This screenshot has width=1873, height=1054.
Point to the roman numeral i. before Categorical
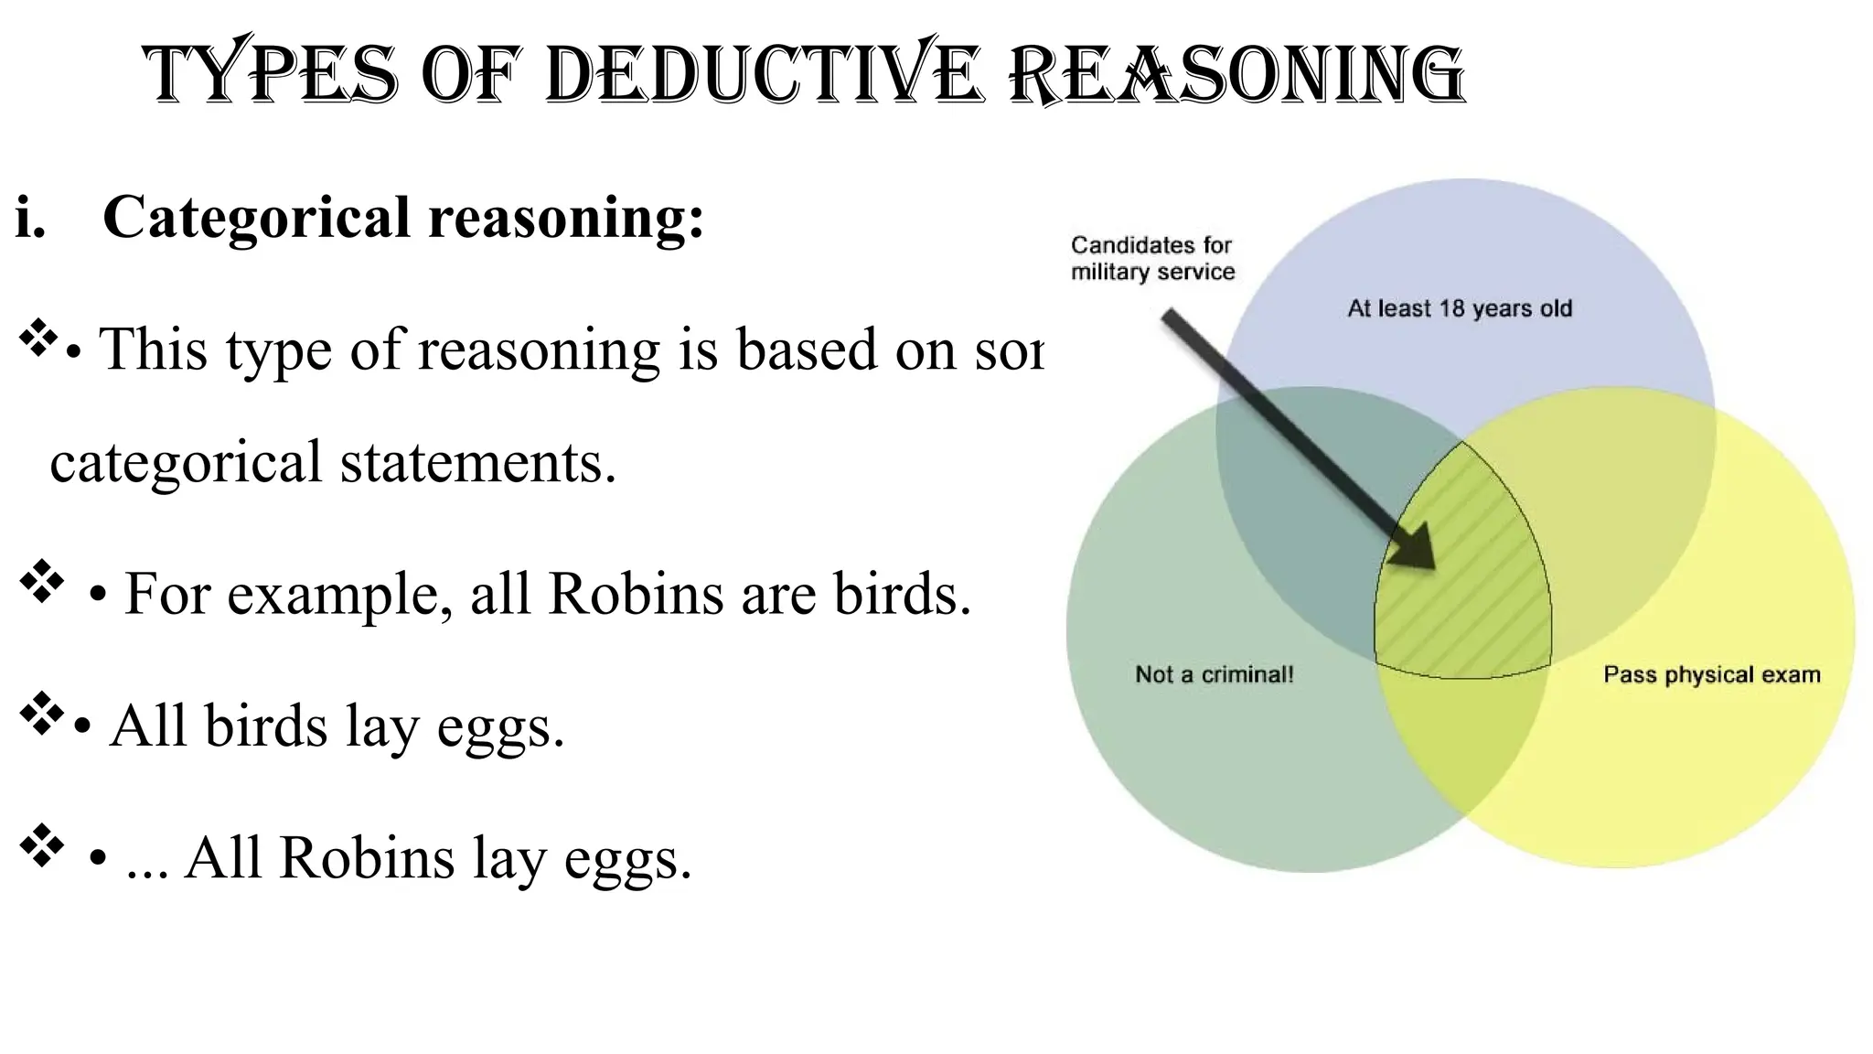30,218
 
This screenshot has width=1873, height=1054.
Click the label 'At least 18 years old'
1460,308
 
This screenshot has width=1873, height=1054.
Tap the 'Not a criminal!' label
1214,674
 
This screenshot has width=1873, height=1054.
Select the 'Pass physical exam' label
1711,674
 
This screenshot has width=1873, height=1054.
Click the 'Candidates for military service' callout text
1152,258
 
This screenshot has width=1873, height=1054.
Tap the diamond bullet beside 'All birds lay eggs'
41,714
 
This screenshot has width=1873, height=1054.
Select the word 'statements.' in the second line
478,462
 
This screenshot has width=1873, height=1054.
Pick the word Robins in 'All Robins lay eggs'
366,857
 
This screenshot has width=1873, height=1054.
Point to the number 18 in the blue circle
1452,308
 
